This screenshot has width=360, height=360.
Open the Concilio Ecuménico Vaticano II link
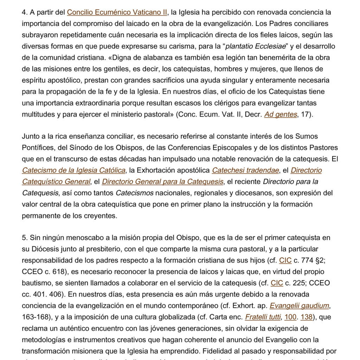pos(117,12)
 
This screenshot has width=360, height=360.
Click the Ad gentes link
pos(281,115)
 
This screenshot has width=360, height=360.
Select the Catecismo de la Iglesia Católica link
pos(73,171)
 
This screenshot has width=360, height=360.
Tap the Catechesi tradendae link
pos(245,171)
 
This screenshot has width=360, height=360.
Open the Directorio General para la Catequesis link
pos(163,182)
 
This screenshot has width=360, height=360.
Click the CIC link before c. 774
pos(285,261)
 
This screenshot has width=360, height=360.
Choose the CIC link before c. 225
pos(277,283)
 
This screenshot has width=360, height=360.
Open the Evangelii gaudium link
pos(299,306)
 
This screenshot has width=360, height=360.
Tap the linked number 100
pos(290,317)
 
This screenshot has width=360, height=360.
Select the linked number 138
pos(307,317)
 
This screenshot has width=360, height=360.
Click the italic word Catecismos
pos(135,193)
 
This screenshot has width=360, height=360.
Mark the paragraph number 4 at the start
pos(24,12)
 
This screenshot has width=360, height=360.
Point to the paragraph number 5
pos(24,238)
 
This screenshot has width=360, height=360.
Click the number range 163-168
pos(36,317)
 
